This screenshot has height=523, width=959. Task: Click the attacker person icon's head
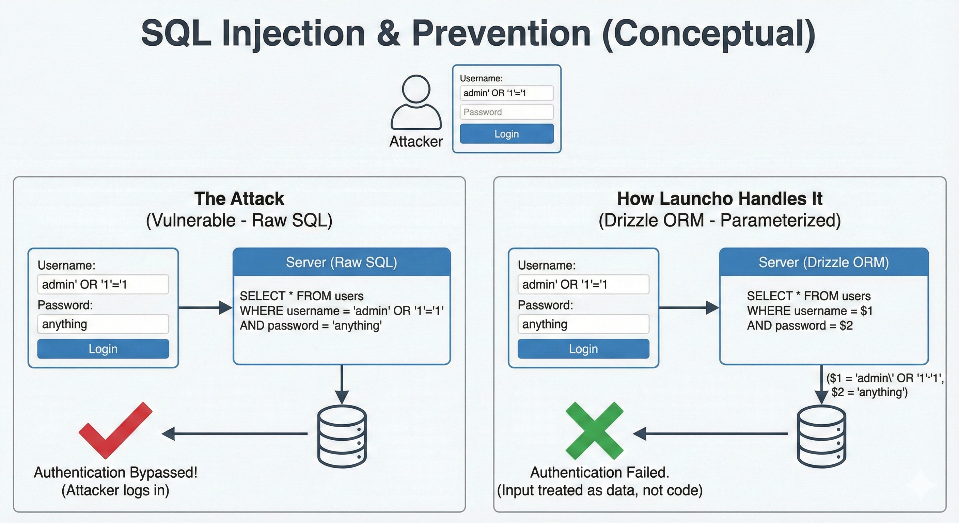[416, 89]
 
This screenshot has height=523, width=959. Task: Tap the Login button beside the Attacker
[506, 133]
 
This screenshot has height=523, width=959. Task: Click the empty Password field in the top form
[506, 112]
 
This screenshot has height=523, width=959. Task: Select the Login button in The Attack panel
[103, 349]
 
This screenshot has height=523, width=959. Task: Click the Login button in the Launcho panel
[583, 349]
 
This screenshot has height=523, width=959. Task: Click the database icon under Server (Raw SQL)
[342, 436]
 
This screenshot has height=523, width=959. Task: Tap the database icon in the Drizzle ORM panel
[821, 436]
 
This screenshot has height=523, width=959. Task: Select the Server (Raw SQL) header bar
[341, 262]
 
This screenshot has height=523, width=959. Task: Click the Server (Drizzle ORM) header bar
[823, 262]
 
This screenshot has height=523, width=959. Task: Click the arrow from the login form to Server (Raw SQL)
[205, 308]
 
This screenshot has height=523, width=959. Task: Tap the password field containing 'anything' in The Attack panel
[103, 324]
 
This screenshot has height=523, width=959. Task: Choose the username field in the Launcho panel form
[583, 284]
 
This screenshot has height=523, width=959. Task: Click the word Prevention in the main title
[501, 33]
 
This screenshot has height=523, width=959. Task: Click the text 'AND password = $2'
[800, 326]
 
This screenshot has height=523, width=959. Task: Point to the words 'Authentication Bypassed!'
[115, 472]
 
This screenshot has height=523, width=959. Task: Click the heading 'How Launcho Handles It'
[719, 199]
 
